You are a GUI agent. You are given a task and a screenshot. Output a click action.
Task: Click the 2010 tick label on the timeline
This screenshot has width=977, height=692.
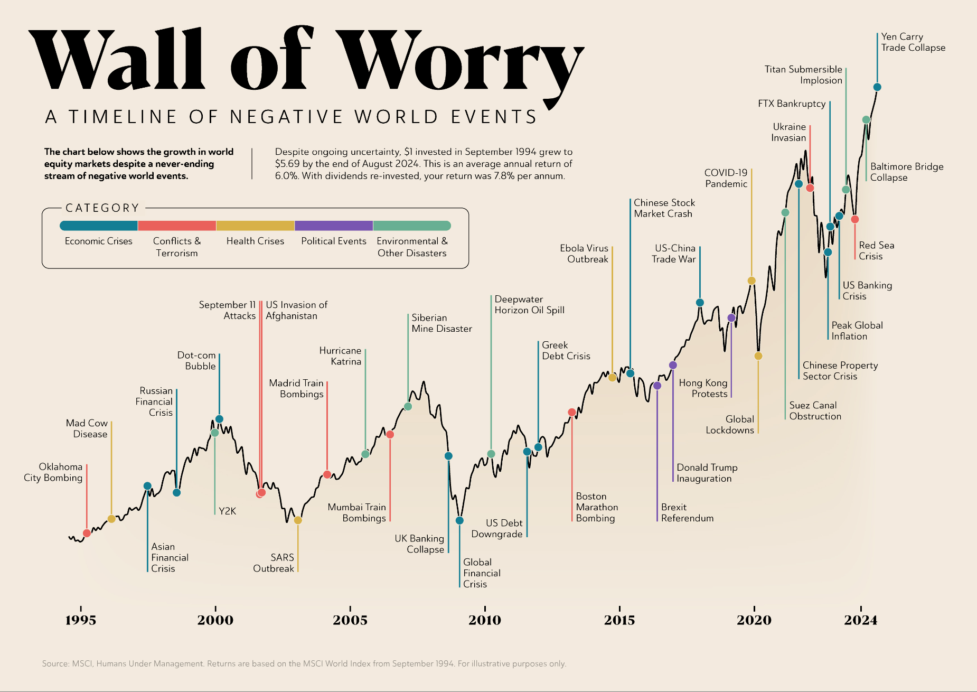485,620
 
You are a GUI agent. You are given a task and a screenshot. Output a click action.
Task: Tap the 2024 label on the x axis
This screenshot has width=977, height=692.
860,620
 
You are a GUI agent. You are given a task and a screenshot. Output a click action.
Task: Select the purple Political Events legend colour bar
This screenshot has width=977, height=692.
334,226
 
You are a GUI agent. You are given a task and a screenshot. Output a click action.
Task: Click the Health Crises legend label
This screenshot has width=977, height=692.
255,241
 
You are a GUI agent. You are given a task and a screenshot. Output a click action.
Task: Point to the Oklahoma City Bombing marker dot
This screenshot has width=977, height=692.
87,533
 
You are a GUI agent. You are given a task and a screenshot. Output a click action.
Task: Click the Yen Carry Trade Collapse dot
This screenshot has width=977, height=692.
877,87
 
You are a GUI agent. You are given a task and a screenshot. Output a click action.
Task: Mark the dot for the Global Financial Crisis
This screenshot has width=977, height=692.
459,520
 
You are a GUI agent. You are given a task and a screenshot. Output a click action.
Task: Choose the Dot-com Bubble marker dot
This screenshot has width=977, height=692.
219,419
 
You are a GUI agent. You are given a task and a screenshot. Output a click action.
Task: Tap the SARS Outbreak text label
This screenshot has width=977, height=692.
274,563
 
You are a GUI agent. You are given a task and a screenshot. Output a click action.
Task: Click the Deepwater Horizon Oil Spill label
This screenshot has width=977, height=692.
529,305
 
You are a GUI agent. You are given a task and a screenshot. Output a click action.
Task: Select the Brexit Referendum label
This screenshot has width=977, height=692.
687,512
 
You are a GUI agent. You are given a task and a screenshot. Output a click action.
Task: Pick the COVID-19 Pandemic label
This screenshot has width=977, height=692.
726,178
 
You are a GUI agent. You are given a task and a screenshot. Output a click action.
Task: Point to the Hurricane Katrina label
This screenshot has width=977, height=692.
341,356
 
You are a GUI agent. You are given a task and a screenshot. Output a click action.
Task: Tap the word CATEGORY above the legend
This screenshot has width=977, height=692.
102,208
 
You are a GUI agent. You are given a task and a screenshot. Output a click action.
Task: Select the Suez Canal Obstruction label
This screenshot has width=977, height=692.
815,410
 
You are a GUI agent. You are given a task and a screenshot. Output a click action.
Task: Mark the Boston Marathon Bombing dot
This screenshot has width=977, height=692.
572,412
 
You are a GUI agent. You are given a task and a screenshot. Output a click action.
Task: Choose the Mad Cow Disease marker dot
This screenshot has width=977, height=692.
111,519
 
